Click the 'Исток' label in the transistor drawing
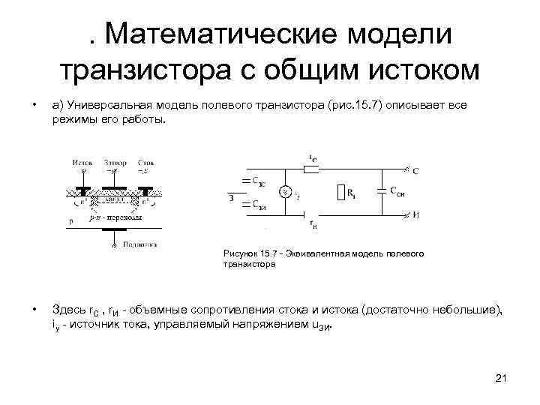click(x=82, y=161)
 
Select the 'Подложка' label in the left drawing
click(x=139, y=244)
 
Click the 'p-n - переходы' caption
click(x=114, y=217)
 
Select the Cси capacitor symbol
click(x=385, y=192)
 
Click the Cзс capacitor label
click(x=257, y=181)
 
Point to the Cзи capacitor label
click(x=257, y=205)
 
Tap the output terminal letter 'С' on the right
click(x=416, y=172)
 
